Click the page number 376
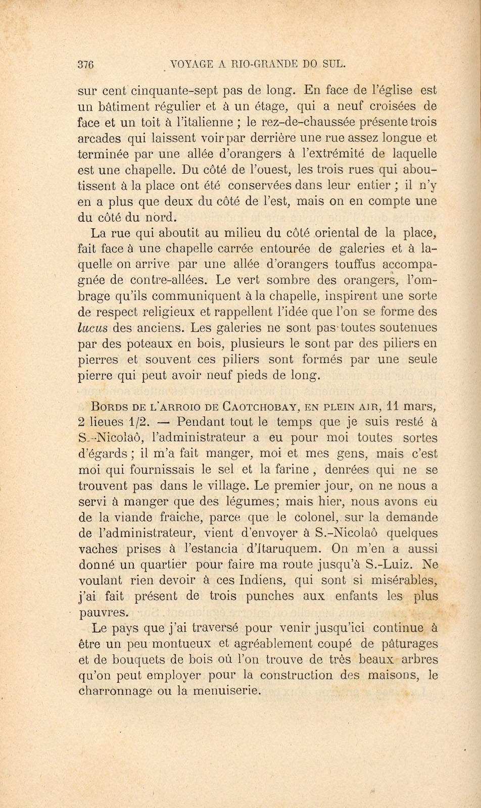87,64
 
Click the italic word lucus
93,328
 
